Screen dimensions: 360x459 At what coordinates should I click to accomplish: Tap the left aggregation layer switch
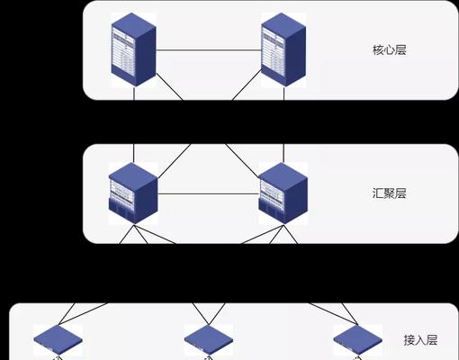click(133, 193)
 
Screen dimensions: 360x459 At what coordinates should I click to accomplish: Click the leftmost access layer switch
click(58, 339)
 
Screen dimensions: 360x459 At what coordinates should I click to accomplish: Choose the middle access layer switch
click(208, 339)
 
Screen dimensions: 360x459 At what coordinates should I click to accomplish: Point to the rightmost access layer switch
click(357, 339)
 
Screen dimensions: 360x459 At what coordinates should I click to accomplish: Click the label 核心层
click(389, 50)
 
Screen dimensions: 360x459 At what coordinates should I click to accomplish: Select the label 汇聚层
click(389, 193)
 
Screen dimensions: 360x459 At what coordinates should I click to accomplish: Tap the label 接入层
click(419, 340)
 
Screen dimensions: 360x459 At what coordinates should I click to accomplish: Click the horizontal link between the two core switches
click(209, 49)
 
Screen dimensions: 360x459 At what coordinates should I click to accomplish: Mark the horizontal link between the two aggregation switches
click(209, 192)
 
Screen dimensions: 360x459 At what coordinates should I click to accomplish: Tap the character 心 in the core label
click(389, 50)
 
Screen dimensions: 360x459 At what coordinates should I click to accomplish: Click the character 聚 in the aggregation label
click(389, 193)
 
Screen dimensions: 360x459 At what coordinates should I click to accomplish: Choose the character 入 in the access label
click(419, 340)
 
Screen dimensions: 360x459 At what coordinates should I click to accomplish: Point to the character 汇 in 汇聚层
click(377, 193)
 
